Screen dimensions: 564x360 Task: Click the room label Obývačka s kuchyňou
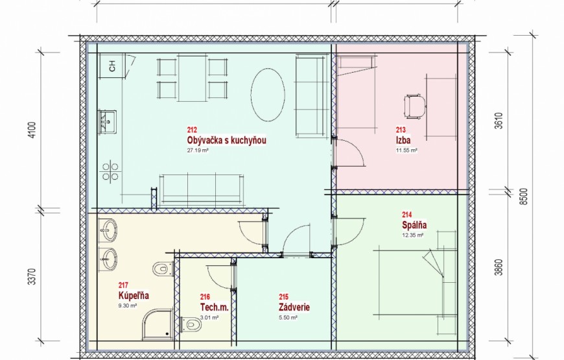pos(227,140)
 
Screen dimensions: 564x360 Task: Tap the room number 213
pos(401,130)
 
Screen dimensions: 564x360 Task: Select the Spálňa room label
pos(414,225)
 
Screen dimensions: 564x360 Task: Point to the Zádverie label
pos(294,307)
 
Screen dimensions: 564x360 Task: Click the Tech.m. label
pos(214,307)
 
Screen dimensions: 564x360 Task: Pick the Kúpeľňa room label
pos(134,296)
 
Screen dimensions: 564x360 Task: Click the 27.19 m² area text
pos(198,150)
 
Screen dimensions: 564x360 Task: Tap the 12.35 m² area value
pos(412,235)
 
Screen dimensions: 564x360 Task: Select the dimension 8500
pos(524,197)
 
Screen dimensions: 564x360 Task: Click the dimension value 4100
pos(32,130)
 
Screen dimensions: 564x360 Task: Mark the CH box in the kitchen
pos(112,66)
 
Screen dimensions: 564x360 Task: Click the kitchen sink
pos(107,122)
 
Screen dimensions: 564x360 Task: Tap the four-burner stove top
pos(110,171)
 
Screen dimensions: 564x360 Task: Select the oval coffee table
pos(268,95)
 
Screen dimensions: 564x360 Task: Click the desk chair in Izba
pos(415,106)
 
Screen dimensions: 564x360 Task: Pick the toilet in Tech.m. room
pos(191,325)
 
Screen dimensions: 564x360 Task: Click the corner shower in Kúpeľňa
pos(158,324)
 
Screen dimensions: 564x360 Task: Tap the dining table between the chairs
pos(193,78)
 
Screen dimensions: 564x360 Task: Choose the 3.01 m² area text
pos(209,318)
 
